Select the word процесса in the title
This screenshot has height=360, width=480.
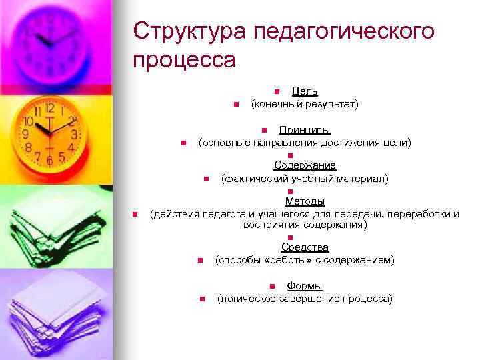coord(185,59)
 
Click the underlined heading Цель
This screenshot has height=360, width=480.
coord(305,91)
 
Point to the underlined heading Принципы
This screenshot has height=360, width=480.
coord(305,130)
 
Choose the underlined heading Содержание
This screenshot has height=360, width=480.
coord(305,165)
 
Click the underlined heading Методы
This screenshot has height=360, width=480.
coord(305,201)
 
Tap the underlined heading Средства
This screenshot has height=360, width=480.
coord(305,247)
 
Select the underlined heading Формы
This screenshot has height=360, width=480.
coord(305,286)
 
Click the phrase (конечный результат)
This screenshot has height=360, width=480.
coord(305,104)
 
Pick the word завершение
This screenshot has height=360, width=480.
coord(306,299)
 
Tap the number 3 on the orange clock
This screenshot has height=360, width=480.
coord(73,133)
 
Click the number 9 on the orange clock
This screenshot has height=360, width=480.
coord(25,133)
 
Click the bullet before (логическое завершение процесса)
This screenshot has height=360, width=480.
coord(201,299)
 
